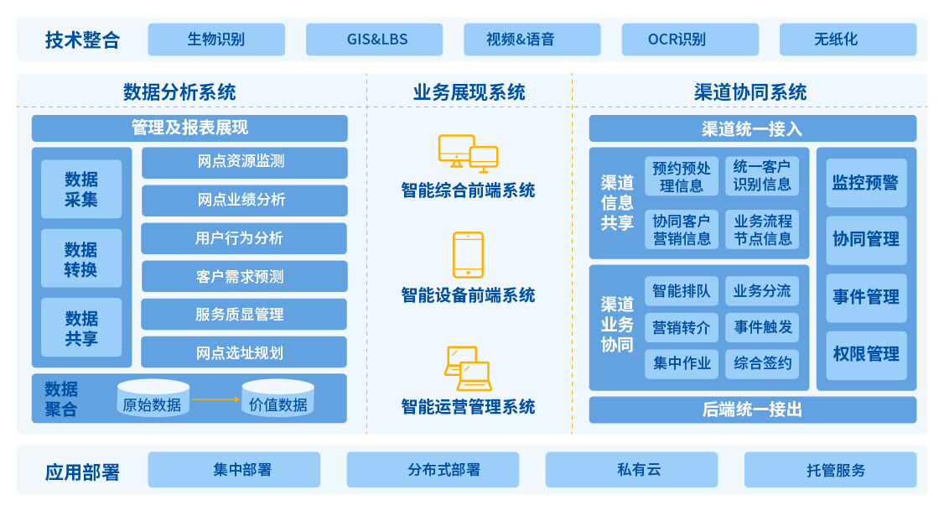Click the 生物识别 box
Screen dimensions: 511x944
[x=216, y=39]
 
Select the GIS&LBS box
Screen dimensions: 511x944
[x=374, y=39]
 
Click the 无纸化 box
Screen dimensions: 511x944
[x=848, y=39]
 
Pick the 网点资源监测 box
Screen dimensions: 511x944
[x=244, y=162]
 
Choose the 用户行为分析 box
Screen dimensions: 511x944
[x=244, y=238]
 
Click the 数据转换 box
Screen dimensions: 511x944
[x=81, y=259]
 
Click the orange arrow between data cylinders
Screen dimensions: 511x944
[x=215, y=399]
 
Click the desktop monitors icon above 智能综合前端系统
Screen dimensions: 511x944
[x=468, y=154]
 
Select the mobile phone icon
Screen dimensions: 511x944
[x=468, y=254]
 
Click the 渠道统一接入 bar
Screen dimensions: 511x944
[x=752, y=128]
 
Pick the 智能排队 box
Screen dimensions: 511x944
[x=682, y=291]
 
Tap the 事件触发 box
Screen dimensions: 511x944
[x=762, y=327]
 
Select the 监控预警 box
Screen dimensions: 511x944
[x=866, y=182]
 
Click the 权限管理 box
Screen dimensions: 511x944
[x=866, y=355]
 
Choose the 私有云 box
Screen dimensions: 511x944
[x=631, y=470]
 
